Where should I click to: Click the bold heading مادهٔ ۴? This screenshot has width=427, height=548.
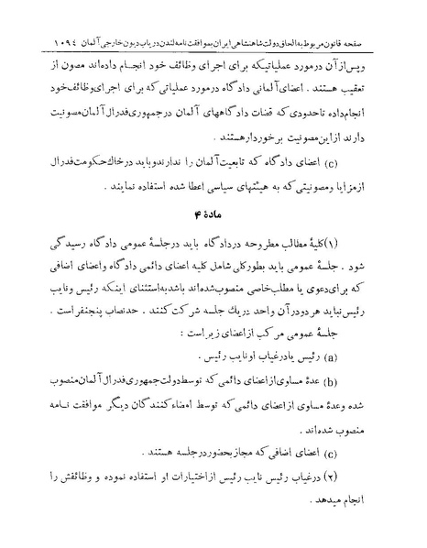213,216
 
